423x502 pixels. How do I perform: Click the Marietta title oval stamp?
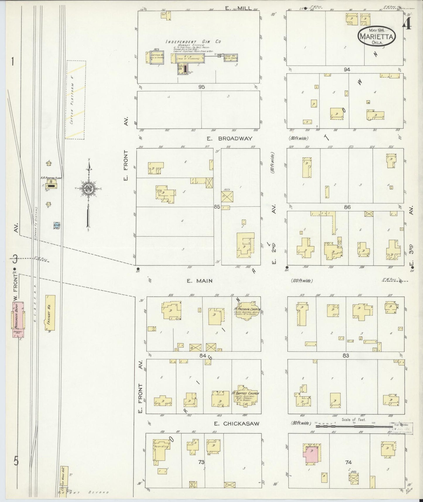point(376,36)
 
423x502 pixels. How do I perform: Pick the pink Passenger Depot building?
point(18,319)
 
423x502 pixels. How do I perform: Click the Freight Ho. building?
point(50,313)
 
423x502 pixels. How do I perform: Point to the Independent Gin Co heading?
point(193,42)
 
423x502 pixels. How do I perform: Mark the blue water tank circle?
point(57,225)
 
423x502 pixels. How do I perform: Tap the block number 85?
point(217,207)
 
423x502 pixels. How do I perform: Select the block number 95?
point(201,87)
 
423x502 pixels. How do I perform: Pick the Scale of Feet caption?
point(354,419)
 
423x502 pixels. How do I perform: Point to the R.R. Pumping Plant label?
point(51,178)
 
